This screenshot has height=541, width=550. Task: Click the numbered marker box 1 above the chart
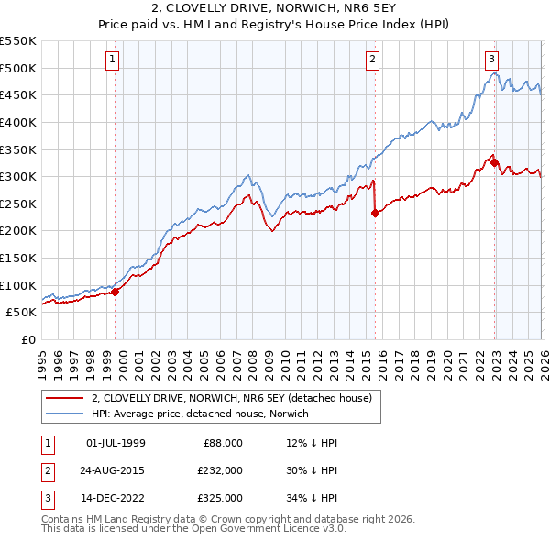coord(113,60)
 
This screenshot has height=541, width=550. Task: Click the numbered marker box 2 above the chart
coord(373,60)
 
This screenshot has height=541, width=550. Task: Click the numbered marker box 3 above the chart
coord(491,60)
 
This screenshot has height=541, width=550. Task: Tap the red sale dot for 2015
coord(375,214)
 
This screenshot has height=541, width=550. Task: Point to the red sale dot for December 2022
coord(494,163)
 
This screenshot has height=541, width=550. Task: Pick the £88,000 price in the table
coord(222,442)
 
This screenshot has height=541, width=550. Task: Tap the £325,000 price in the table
coord(219,499)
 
